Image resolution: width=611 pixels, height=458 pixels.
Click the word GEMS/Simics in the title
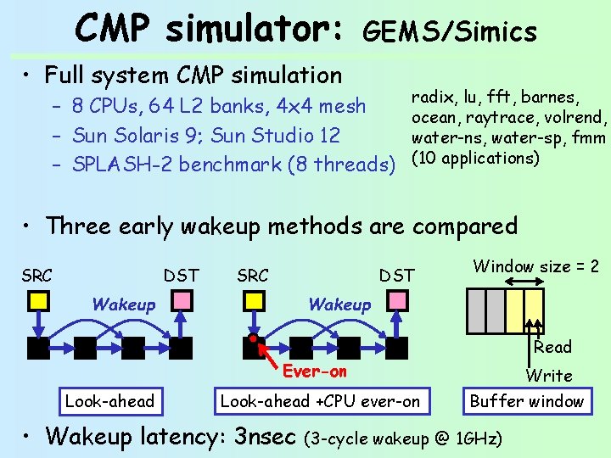coord(450,32)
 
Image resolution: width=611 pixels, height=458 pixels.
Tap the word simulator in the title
coord(255,29)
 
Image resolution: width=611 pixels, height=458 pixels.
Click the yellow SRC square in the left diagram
coord(39,300)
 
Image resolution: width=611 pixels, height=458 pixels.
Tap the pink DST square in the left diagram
coord(182,300)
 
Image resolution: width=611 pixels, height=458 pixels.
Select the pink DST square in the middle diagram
coord(397,300)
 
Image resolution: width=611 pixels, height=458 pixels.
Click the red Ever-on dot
coord(254,339)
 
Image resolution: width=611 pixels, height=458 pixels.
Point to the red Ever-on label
coord(315,371)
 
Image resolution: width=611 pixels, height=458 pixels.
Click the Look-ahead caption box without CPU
coord(110,401)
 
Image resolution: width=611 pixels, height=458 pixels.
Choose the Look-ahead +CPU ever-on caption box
coord(320,401)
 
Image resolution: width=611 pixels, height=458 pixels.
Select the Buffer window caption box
coord(527,401)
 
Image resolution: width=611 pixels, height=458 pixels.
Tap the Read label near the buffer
coord(552,347)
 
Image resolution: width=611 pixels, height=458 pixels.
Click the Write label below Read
coord(549,376)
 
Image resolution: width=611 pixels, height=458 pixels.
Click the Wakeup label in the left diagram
coord(124,304)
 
